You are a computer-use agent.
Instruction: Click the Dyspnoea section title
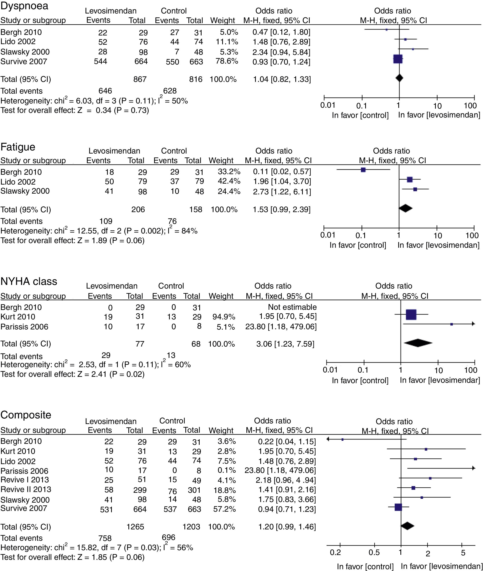pyautogui.click(x=24, y=6)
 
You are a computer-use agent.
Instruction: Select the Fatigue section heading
pyautogui.click(x=18, y=147)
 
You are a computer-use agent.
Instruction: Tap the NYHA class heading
pyautogui.click(x=29, y=281)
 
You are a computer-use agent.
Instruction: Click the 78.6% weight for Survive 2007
pyautogui.click(x=227, y=61)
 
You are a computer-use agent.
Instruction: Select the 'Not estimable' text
pyautogui.click(x=292, y=307)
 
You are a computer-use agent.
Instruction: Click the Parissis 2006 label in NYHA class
pyautogui.click(x=24, y=327)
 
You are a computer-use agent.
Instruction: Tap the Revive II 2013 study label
pyautogui.click(x=26, y=489)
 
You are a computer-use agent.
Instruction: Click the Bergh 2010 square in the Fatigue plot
pyautogui.click(x=363, y=170)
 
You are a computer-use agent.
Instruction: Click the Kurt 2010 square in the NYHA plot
pyautogui.click(x=411, y=315)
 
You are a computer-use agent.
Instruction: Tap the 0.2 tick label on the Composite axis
pyautogui.click(x=335, y=552)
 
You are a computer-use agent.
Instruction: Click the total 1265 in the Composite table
pyautogui.click(x=135, y=527)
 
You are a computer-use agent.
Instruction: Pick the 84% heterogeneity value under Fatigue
pyautogui.click(x=189, y=231)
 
